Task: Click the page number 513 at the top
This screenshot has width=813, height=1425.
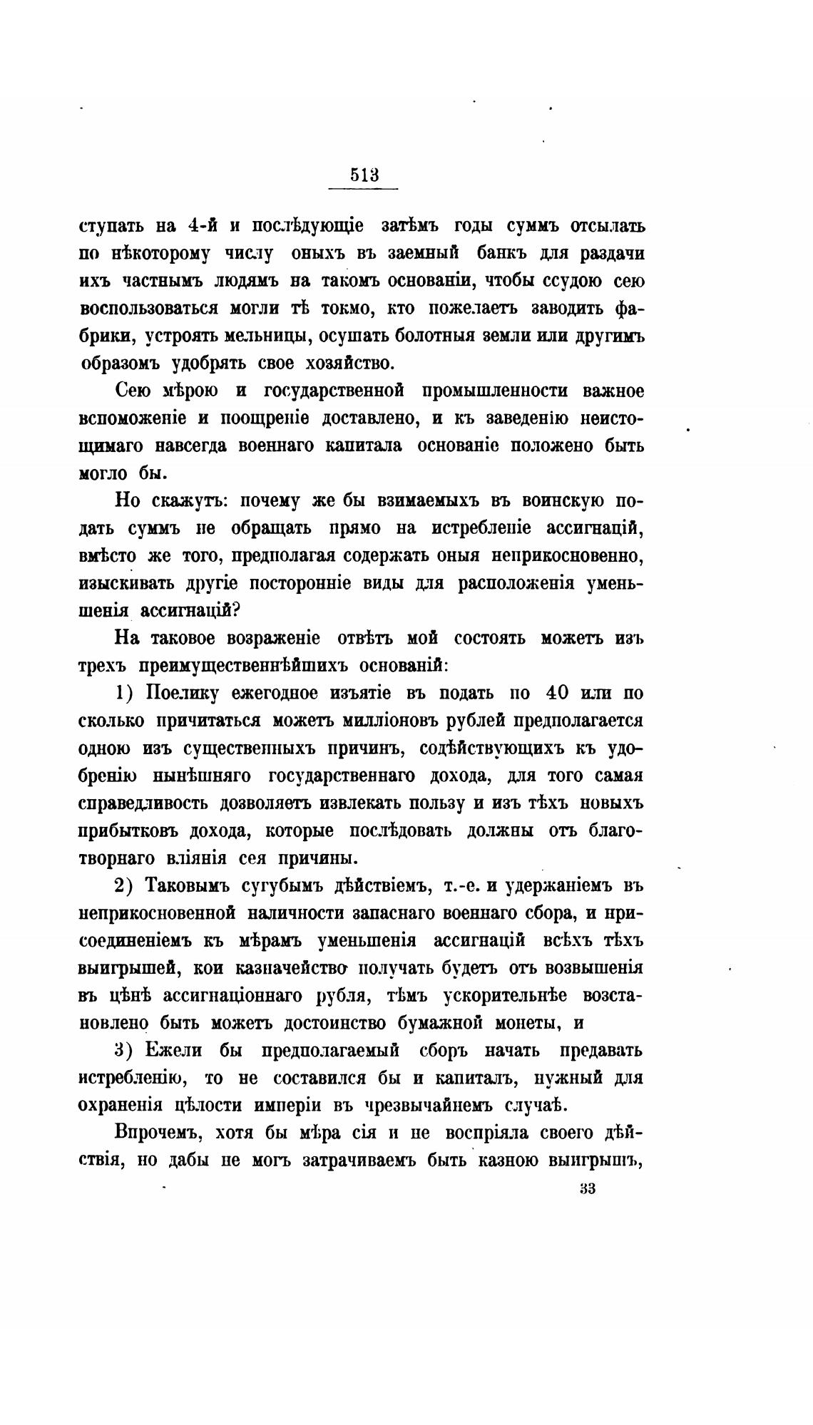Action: pos(364,175)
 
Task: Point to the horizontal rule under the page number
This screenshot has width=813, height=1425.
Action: pos(363,189)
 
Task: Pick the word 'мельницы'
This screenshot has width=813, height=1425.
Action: pos(267,336)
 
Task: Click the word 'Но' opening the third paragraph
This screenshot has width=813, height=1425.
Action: pos(126,501)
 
